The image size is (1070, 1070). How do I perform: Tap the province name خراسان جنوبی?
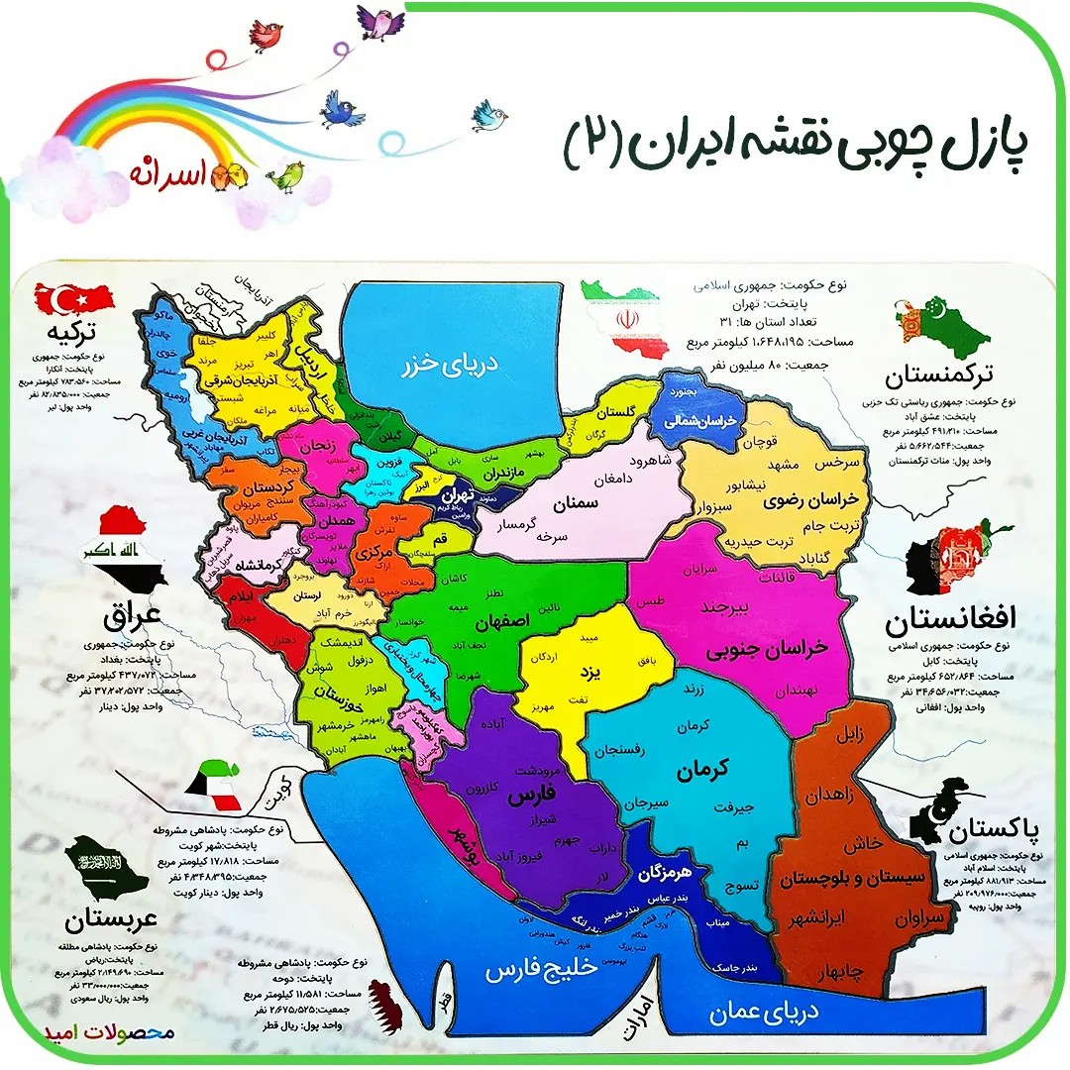766,649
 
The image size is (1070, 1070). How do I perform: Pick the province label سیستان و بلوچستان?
864,880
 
